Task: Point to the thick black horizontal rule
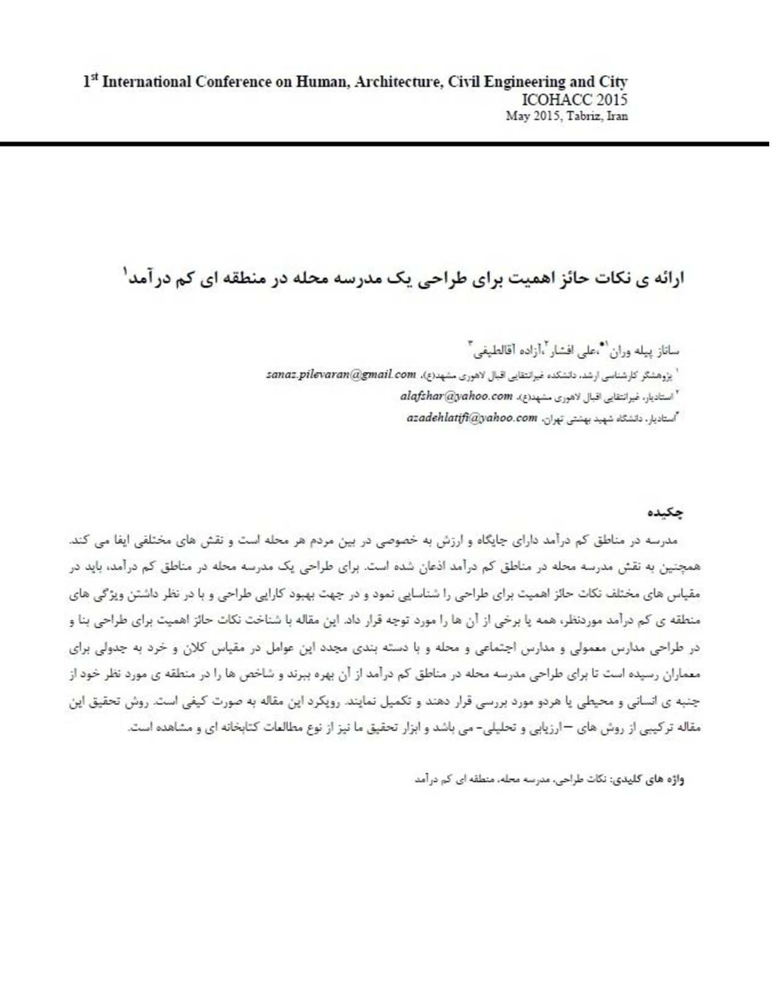coord(385,144)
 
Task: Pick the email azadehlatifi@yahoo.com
coord(471,418)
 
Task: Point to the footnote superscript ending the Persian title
coord(126,271)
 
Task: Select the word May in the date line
coord(515,117)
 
